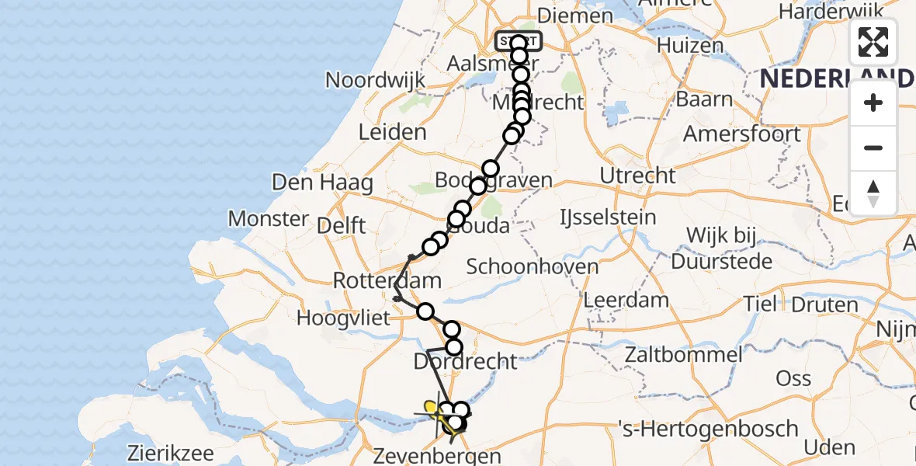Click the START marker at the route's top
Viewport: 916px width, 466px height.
pos(519,41)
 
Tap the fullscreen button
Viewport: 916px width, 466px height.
pos(873,42)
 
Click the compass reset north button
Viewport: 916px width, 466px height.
pos(873,193)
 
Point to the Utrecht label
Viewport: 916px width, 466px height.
pos(639,176)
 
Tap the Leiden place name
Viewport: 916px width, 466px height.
pos(393,132)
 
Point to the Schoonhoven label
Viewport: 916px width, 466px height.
pos(533,266)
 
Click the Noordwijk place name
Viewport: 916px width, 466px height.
pos(376,79)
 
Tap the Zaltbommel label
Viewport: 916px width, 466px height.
pos(685,356)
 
